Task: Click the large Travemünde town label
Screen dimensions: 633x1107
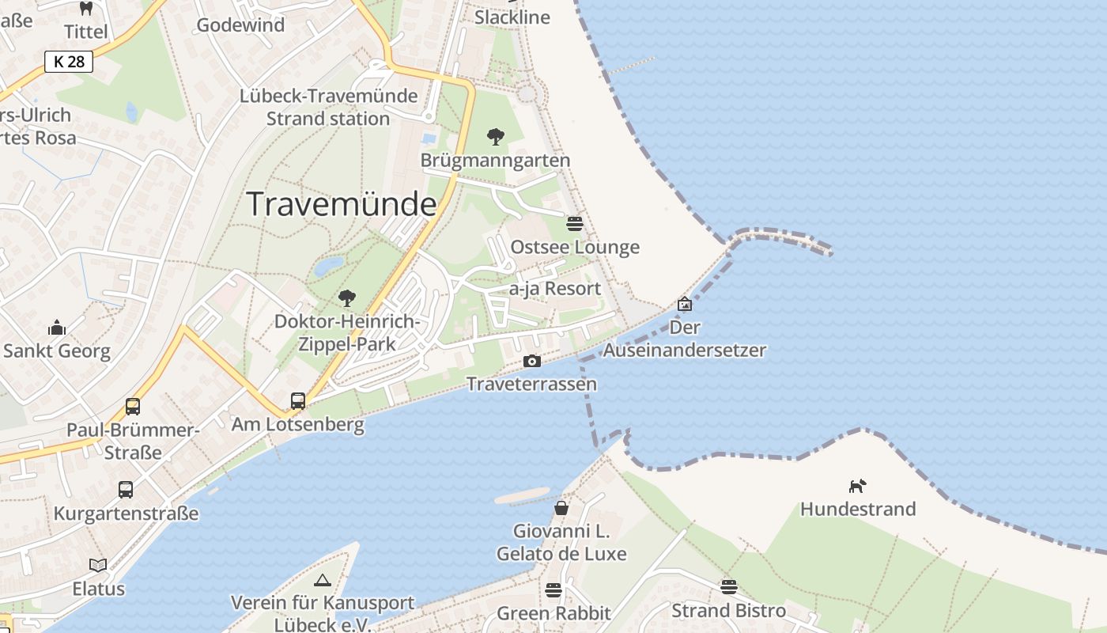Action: [342, 204]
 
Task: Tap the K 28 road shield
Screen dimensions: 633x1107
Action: [69, 62]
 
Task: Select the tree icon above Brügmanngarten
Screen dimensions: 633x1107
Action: [496, 137]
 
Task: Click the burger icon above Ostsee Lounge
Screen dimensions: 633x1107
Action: [575, 223]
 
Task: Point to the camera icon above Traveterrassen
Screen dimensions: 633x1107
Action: [532, 361]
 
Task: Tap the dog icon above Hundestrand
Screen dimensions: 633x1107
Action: [857, 485]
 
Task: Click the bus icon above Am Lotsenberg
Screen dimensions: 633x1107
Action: [298, 401]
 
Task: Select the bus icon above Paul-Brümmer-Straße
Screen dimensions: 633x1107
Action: [133, 407]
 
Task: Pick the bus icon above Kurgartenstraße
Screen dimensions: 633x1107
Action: [126, 490]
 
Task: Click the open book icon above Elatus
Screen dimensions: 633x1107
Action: [98, 565]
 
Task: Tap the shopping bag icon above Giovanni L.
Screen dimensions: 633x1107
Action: [561, 507]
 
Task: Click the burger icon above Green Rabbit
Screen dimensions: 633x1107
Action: [553, 589]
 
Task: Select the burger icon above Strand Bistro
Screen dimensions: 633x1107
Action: [728, 586]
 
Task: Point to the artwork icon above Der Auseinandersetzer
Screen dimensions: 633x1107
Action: [685, 304]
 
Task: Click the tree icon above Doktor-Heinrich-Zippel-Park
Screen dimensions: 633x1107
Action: [346, 298]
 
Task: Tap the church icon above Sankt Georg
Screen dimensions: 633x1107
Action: [57, 327]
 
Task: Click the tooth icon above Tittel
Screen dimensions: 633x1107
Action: [86, 9]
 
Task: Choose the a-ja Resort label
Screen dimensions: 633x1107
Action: [555, 289]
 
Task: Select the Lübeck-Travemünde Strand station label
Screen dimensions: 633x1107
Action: [328, 108]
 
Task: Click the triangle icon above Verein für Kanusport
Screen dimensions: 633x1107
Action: [322, 580]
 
